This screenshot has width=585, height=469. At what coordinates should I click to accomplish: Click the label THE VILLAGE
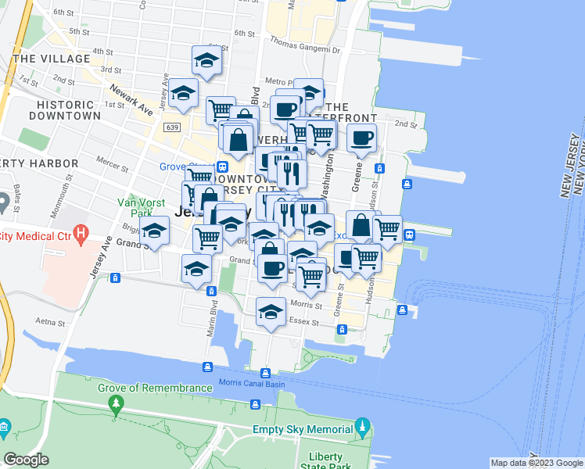point(51,59)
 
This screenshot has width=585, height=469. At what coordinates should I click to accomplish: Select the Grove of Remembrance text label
point(155,388)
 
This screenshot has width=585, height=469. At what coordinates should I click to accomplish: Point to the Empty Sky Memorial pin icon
point(361,428)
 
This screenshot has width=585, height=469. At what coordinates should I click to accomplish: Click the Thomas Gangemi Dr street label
point(305,49)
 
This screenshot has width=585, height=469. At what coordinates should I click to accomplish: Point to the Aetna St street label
point(49,321)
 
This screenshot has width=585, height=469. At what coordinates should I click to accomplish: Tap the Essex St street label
point(305,321)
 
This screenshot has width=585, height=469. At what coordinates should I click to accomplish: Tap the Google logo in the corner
point(26,460)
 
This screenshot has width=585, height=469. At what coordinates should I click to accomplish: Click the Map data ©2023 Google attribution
point(536,463)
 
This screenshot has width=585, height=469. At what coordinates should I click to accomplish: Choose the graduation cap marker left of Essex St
point(271,310)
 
